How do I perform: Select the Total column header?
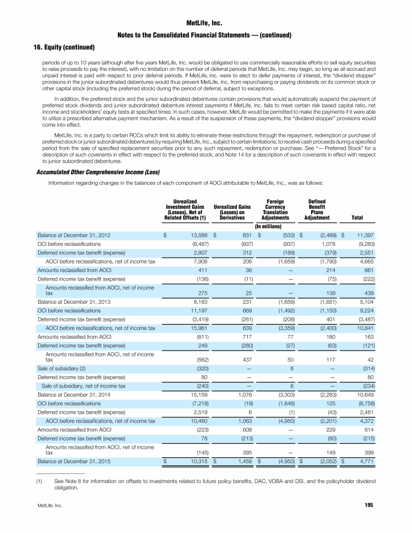[356, 218]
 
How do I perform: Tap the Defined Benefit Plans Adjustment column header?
[317, 209]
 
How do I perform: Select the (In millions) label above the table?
[273, 227]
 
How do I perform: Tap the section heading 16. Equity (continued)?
[59, 47]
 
